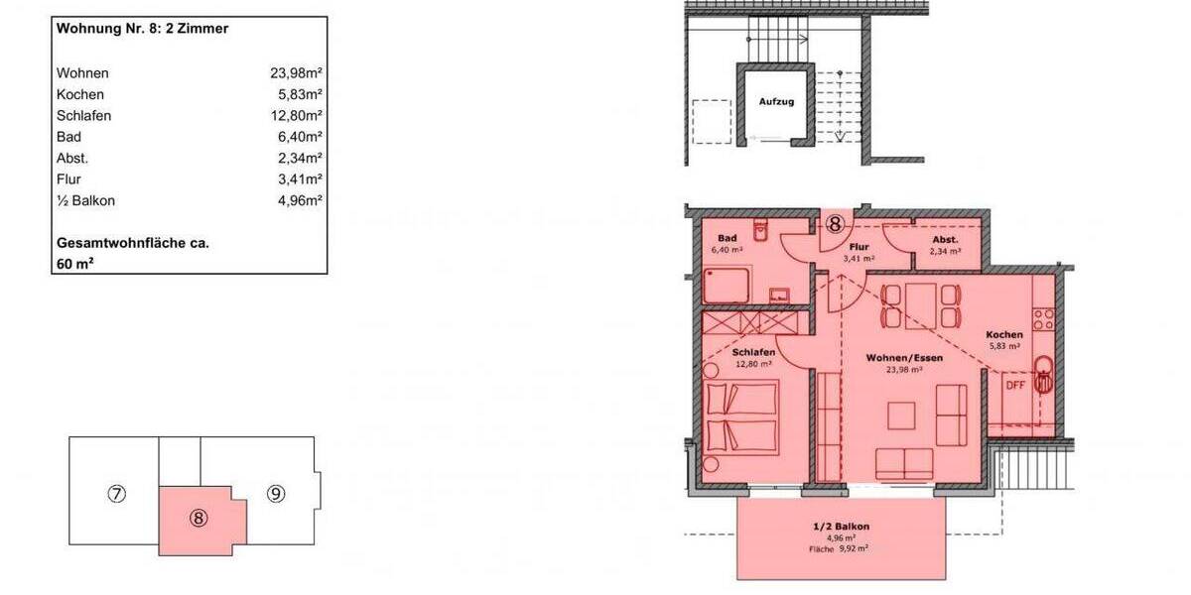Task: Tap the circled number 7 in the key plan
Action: [x=116, y=493]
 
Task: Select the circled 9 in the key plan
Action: [x=276, y=492]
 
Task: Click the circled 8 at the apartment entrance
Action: [x=836, y=224]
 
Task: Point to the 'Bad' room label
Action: [x=727, y=239]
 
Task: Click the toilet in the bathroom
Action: [x=761, y=231]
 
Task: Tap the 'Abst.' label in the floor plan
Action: [x=945, y=239]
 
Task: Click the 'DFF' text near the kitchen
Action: [x=1015, y=385]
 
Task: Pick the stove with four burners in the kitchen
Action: [x=1043, y=318]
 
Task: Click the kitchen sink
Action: [x=1043, y=375]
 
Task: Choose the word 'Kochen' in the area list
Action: [x=81, y=94]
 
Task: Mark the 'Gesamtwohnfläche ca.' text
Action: [x=132, y=243]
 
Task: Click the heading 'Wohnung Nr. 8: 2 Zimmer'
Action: [x=143, y=30]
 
